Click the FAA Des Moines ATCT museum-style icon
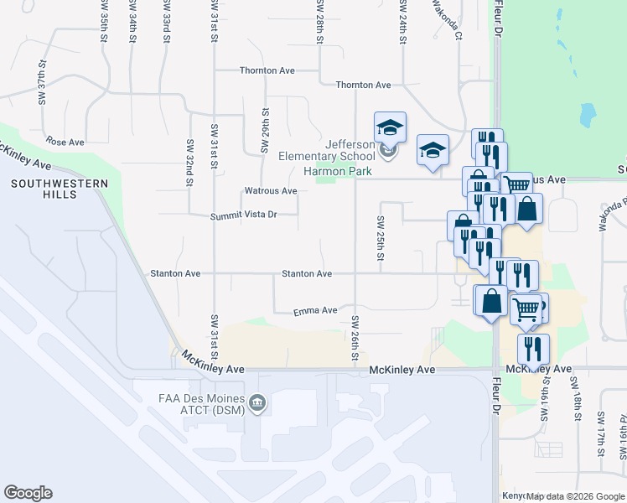[258, 404]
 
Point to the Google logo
[28, 493]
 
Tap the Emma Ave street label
[315, 311]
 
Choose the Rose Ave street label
[66, 142]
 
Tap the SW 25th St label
[380, 239]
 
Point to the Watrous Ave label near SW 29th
[271, 191]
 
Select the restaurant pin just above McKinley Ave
[533, 348]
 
